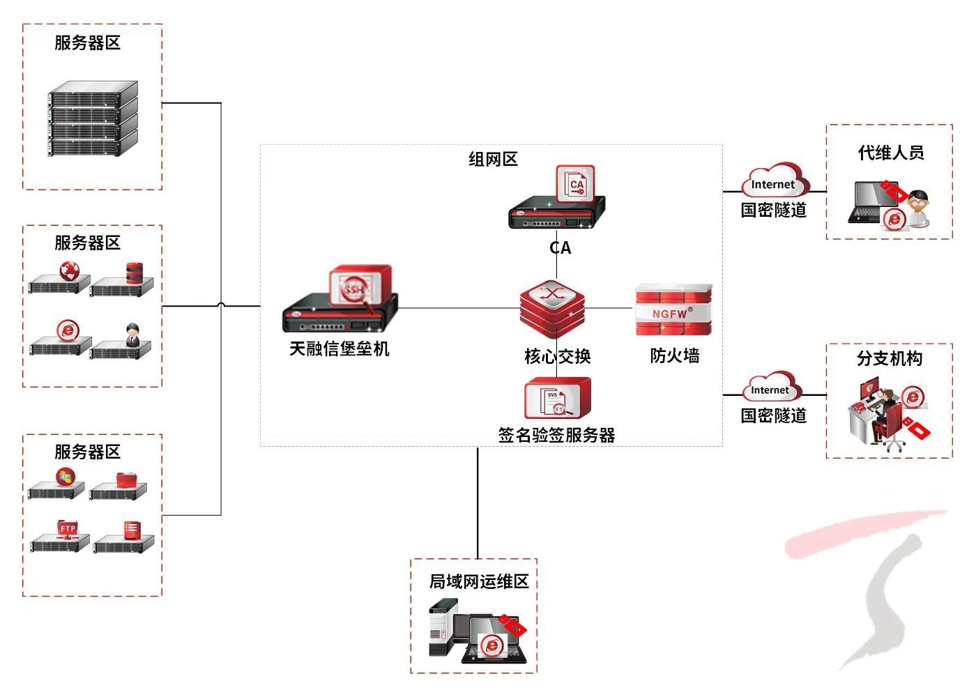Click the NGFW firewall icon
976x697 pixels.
pyautogui.click(x=673, y=311)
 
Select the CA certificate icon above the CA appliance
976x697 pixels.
pyautogui.click(x=575, y=184)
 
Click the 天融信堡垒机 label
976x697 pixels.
pyautogui.click(x=339, y=348)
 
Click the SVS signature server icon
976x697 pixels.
pyautogui.click(x=557, y=399)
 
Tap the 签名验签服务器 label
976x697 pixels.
pyautogui.click(x=556, y=436)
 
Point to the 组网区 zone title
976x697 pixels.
pyautogui.click(x=493, y=160)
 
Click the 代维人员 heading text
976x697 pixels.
pyautogui.click(x=890, y=153)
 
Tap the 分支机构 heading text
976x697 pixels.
pyautogui.click(x=890, y=359)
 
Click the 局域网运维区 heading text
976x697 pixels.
pyautogui.click(x=478, y=581)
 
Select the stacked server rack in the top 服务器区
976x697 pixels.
pyautogui.click(x=93, y=119)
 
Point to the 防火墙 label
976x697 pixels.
pyautogui.click(x=674, y=356)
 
